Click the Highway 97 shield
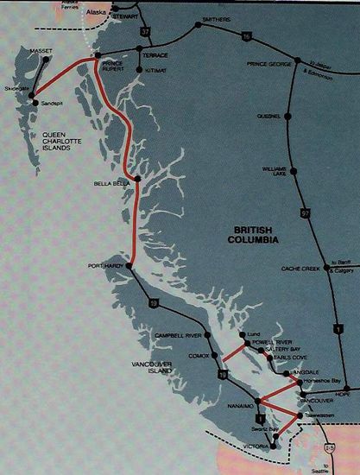point(305,212)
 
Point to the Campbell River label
point(176,333)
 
